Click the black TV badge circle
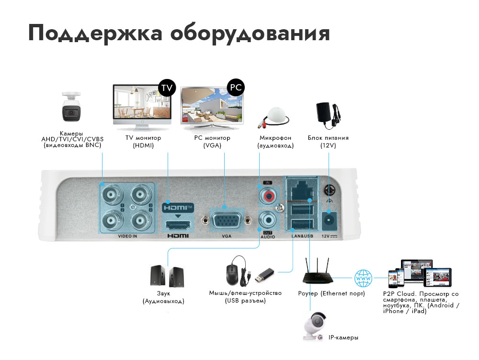click(167, 88)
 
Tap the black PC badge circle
click(235, 87)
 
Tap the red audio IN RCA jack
click(267, 196)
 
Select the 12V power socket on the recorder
click(328, 219)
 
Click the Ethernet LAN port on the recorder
click(302, 190)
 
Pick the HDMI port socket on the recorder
click(178, 224)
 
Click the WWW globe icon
click(363, 277)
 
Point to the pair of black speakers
click(167, 277)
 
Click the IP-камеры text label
click(343, 337)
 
